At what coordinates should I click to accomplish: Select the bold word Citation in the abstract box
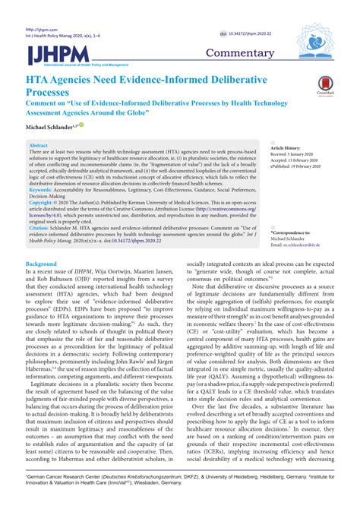point(39,227)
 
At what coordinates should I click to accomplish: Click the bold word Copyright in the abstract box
point(41,204)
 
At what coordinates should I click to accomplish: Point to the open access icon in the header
point(214,34)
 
